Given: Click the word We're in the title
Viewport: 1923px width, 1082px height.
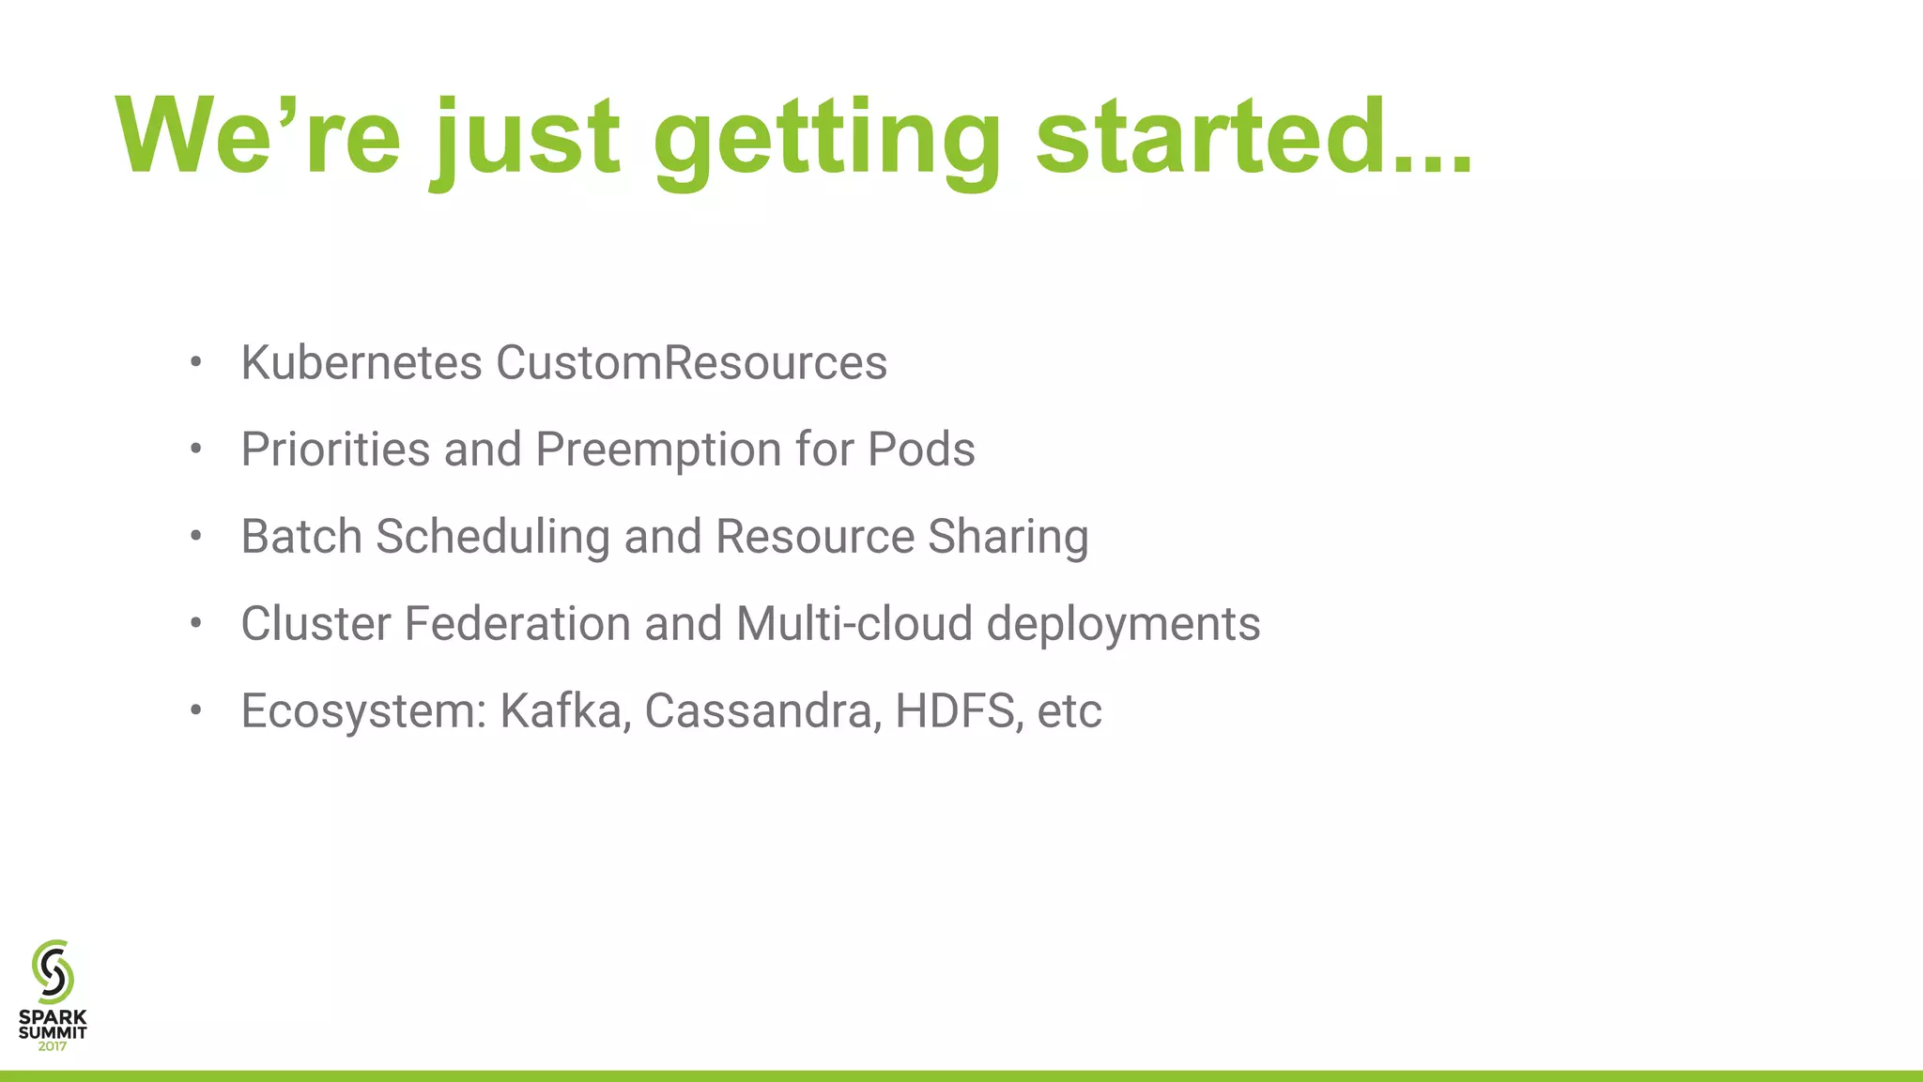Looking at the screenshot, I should pos(258,137).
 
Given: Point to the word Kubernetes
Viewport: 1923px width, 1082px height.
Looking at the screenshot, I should pos(362,362).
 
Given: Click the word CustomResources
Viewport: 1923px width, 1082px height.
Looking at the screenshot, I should pos(691,362).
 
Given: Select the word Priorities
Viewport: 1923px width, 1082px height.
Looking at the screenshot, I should pos(335,449).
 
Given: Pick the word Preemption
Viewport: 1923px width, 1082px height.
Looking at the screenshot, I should pos(658,449).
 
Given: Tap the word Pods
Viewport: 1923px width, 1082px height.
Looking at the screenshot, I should pos(921,449).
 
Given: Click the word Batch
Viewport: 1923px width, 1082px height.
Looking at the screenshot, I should pos(301,536).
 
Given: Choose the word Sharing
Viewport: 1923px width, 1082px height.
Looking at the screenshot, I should pos(1008,536).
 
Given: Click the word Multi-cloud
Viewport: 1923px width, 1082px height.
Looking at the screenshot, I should pos(854,623).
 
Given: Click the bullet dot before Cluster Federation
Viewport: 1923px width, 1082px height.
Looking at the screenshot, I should pos(195,623).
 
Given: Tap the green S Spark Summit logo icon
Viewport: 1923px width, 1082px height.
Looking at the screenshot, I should pos(53,971).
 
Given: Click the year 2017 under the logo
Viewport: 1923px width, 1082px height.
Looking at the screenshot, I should pos(53,1046).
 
